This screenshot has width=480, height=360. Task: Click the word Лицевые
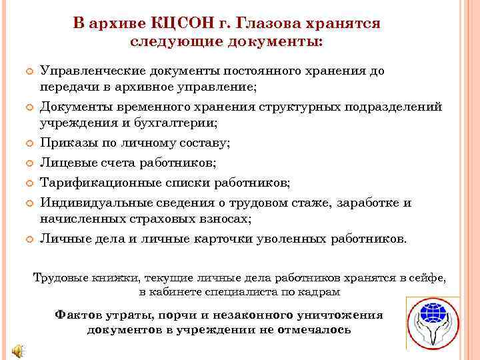click(65, 162)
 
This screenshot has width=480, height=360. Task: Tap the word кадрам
click(318, 292)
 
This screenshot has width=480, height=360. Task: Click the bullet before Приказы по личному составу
click(29, 143)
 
